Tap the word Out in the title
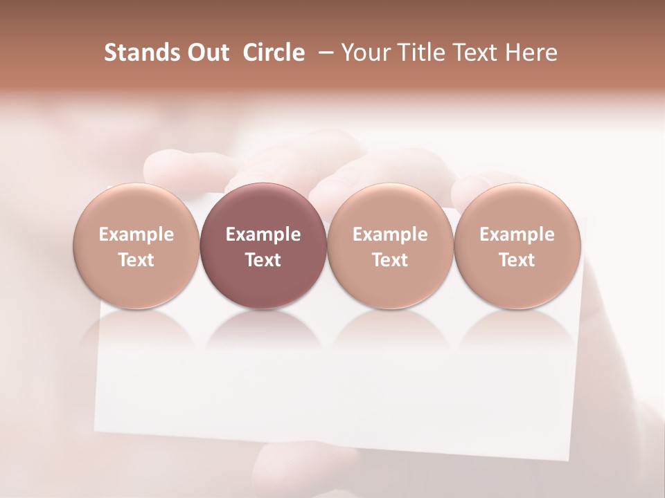206,53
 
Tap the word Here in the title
530,53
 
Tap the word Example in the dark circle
263,234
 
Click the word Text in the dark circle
263,260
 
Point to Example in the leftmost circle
136,234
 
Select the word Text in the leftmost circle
136,260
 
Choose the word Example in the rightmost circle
517,234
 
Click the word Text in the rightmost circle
517,260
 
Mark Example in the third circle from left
390,234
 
